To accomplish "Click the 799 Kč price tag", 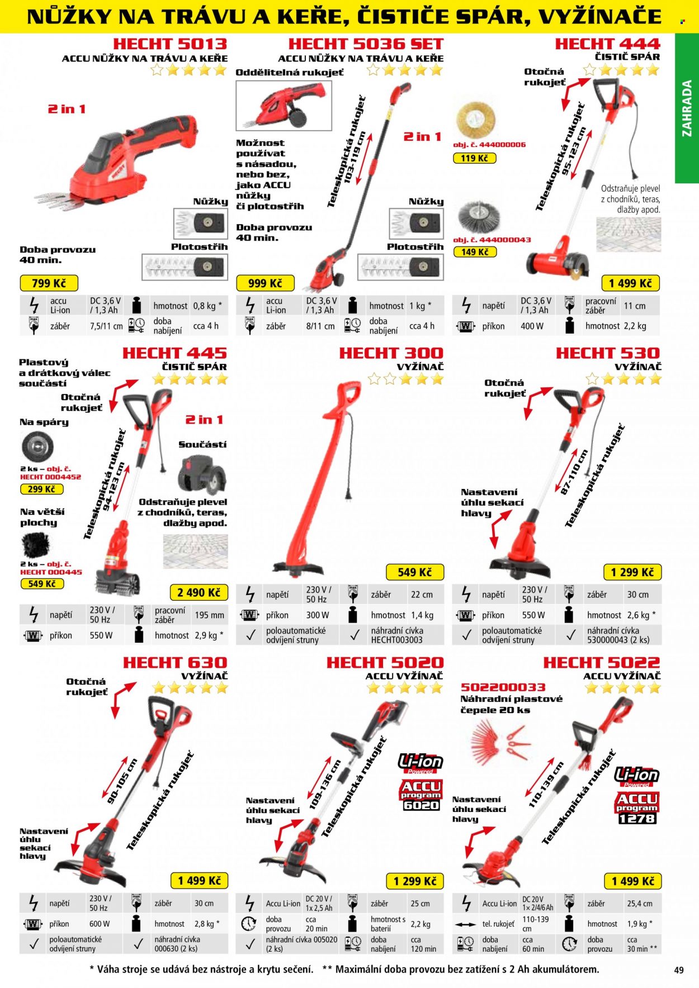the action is (x=49, y=283).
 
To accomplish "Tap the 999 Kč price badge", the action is (x=265, y=283).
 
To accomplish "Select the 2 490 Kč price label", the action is (x=199, y=592).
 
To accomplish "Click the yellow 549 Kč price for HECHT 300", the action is (x=414, y=572).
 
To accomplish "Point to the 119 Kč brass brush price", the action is (x=474, y=158).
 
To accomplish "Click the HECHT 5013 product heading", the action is (x=170, y=44).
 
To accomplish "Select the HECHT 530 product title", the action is (x=608, y=353).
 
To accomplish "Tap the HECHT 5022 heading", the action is (x=602, y=662).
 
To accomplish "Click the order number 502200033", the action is (x=503, y=687).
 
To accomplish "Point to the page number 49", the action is (x=679, y=970).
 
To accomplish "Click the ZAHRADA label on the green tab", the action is (x=687, y=108).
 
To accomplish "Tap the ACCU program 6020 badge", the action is (x=421, y=795).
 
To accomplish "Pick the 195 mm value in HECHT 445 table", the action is (x=210, y=615).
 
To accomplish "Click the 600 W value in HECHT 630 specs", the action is (x=100, y=924).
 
